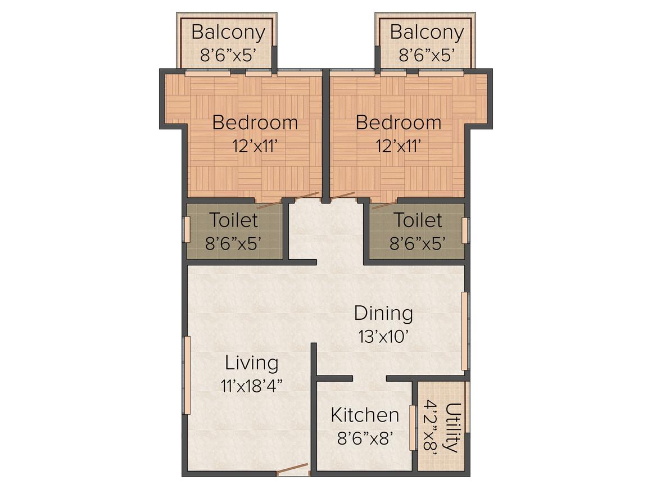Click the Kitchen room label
pyautogui.click(x=365, y=415)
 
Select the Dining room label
pyautogui.click(x=383, y=313)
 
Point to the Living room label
pyautogui.click(x=251, y=363)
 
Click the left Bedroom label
pyautogui.click(x=255, y=123)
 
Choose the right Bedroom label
pyautogui.click(x=398, y=123)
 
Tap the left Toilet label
pyautogui.click(x=233, y=220)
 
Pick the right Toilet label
pyautogui.click(x=418, y=220)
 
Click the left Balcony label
pyautogui.click(x=228, y=33)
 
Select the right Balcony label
pyautogui.click(x=427, y=33)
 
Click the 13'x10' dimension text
pyautogui.click(x=383, y=336)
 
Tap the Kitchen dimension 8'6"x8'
pyautogui.click(x=365, y=438)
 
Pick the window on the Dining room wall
pyautogui.click(x=465, y=331)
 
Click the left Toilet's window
pyautogui.click(x=187, y=229)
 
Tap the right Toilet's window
pyautogui.click(x=465, y=230)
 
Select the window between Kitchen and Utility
pyautogui.click(x=413, y=428)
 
